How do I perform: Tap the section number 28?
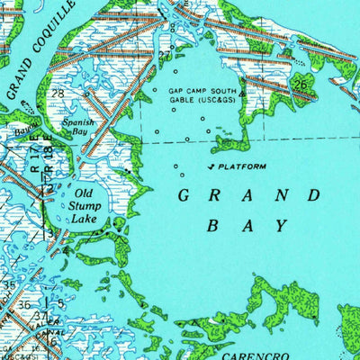coord(58,94)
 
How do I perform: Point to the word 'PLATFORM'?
coord(242,167)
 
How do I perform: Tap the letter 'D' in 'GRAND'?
coord(314,196)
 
